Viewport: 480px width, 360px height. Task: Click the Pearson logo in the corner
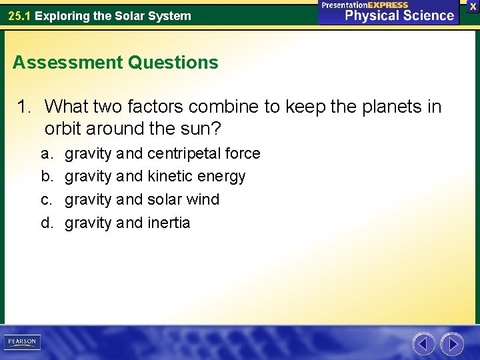pyautogui.click(x=22, y=342)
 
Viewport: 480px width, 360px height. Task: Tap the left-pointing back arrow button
pyautogui.click(x=423, y=343)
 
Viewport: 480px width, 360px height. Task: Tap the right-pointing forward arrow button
pyautogui.click(x=452, y=343)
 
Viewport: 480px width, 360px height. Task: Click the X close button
pyautogui.click(x=473, y=6)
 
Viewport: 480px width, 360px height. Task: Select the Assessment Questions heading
pyautogui.click(x=115, y=63)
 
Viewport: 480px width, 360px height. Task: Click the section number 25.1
pyautogui.click(x=19, y=16)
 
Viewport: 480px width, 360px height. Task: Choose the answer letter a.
pyautogui.click(x=47, y=154)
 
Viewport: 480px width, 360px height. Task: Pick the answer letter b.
pyautogui.click(x=47, y=177)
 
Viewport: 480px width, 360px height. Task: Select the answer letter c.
pyautogui.click(x=47, y=199)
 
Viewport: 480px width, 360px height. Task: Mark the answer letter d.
pyautogui.click(x=47, y=223)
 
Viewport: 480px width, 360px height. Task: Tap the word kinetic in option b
pyautogui.click(x=170, y=177)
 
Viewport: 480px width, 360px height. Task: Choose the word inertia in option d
pyautogui.click(x=169, y=223)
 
